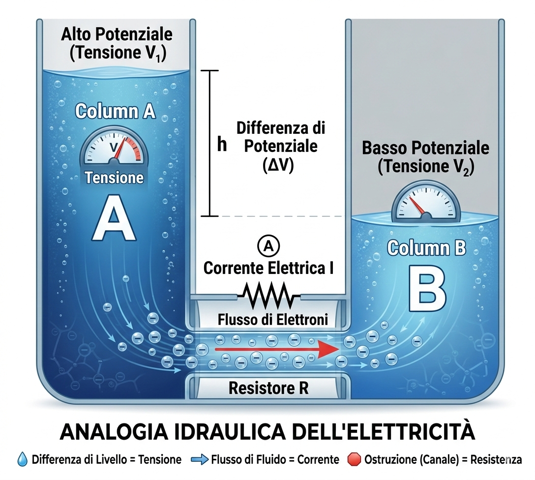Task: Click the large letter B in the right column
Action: click(426, 289)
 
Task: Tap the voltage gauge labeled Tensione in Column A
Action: click(114, 150)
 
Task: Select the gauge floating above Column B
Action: click(426, 205)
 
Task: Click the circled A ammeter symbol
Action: click(268, 246)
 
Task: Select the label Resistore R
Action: click(268, 388)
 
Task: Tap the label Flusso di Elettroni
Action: click(272, 320)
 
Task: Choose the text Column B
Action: click(426, 248)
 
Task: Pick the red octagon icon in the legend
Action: click(354, 459)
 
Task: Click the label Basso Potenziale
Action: click(426, 148)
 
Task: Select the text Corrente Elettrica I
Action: click(269, 268)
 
